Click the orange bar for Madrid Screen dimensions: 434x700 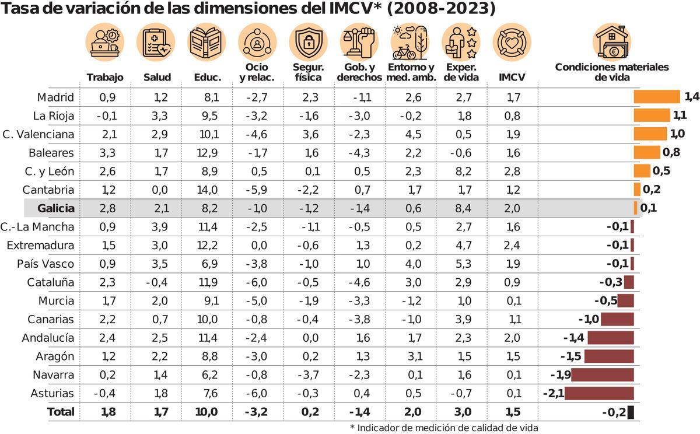657,97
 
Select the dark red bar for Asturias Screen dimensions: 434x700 599,393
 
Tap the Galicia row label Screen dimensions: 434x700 55,208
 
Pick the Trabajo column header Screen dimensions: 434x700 105,78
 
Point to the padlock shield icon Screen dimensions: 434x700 309,43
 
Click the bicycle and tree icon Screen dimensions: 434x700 410,43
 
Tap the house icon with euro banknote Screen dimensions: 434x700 612,43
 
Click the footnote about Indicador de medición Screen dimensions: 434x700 444,428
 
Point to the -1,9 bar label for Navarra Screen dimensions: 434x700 560,374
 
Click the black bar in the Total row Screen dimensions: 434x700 631,412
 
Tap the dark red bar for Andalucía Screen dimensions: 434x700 610,338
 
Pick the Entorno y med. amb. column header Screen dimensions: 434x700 411,73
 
